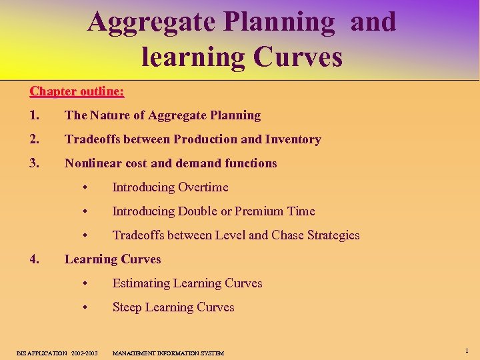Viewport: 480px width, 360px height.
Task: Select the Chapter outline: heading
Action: pyautogui.click(x=77, y=91)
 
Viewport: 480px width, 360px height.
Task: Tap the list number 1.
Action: pyautogui.click(x=35, y=115)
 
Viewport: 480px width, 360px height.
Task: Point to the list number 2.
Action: pyautogui.click(x=35, y=139)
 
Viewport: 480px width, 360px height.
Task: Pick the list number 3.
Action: pyautogui.click(x=35, y=163)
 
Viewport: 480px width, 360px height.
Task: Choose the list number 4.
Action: pyautogui.click(x=35, y=259)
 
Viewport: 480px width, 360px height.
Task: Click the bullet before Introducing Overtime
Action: pyautogui.click(x=85, y=188)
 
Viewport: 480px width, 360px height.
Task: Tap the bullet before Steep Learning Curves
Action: pyautogui.click(x=85, y=308)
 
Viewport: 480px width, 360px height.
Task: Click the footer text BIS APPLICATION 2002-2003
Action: pyautogui.click(x=57, y=353)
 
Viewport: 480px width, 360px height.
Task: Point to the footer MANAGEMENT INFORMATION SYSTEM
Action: pyautogui.click(x=168, y=353)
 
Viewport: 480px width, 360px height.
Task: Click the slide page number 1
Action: pyautogui.click(x=467, y=350)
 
